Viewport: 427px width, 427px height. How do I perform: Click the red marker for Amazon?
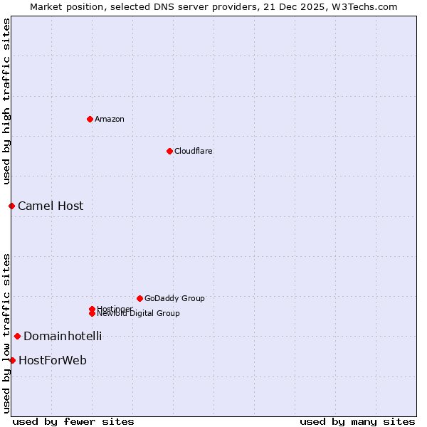point(90,119)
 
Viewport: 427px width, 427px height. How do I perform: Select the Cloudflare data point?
point(169,151)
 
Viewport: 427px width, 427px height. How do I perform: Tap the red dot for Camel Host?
point(11,206)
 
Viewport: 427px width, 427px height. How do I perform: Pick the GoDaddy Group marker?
point(139,298)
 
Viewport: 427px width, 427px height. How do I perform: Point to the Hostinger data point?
point(92,309)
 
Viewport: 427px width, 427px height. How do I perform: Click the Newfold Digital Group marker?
point(92,314)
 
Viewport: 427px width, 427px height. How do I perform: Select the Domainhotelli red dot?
point(17,336)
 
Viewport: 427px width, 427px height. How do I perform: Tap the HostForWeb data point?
point(12,360)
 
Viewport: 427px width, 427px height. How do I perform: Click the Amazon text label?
point(110,119)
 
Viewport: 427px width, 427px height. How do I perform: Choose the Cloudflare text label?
point(194,151)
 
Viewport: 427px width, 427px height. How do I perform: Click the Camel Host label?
point(51,206)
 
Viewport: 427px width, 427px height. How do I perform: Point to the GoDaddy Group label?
point(174,298)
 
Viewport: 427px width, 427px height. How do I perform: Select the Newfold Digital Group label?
point(139,314)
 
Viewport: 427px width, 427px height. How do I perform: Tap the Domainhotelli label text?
point(63,336)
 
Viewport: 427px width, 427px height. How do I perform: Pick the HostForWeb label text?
point(53,360)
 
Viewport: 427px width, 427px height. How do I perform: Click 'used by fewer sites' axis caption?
point(73,421)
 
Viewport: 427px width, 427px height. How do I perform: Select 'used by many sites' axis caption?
point(357,421)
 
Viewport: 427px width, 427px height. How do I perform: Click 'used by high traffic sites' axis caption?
point(6,102)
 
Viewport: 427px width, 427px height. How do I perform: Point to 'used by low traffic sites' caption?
point(6,333)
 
